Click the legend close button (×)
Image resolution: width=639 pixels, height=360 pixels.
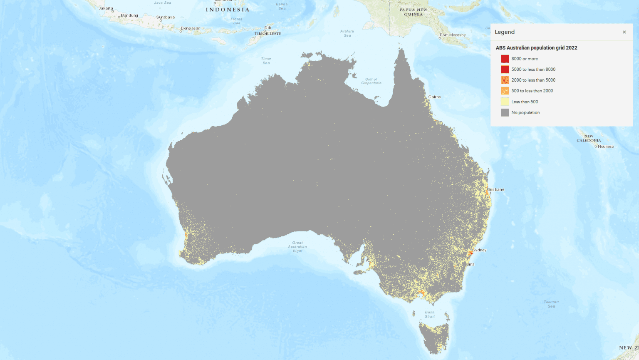624,32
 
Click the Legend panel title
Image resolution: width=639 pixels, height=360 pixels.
505,32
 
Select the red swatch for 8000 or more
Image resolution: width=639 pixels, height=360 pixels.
505,59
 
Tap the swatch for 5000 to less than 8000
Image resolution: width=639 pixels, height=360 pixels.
505,70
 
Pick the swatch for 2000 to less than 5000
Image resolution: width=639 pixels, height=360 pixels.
505,80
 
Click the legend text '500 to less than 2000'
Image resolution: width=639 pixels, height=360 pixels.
532,91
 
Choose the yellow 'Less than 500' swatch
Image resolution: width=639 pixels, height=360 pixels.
505,102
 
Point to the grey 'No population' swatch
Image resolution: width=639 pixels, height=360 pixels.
505,112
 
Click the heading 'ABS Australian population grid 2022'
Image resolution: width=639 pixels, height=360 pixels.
536,48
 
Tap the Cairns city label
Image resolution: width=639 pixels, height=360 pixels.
434,97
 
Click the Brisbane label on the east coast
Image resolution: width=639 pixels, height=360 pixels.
496,189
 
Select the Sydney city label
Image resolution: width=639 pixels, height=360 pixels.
480,250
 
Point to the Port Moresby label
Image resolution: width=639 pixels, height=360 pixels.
453,35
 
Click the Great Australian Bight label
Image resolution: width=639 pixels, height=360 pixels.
297,247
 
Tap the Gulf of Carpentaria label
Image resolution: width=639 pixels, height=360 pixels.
371,81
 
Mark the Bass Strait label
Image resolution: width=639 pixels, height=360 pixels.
430,314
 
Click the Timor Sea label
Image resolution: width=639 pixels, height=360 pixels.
266,61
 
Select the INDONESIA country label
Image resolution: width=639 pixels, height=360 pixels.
228,10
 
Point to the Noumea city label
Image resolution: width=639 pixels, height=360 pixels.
605,146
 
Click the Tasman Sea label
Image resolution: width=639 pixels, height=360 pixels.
551,304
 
